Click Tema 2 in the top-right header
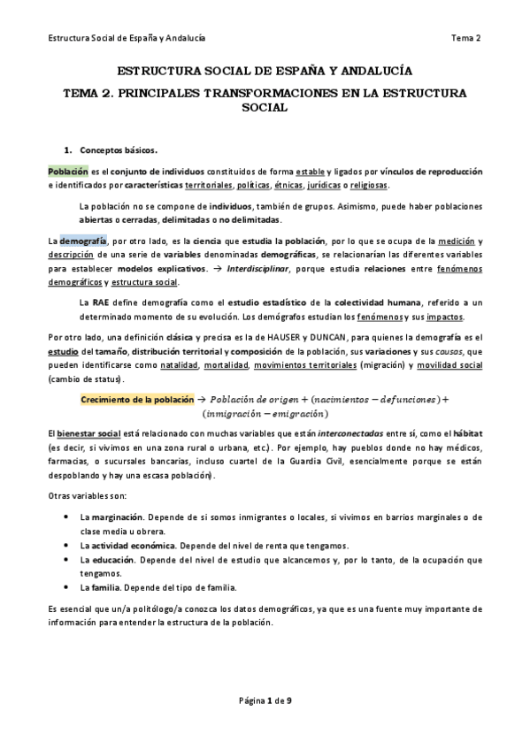465,38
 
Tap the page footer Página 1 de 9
265,701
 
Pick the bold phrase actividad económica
133,545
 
